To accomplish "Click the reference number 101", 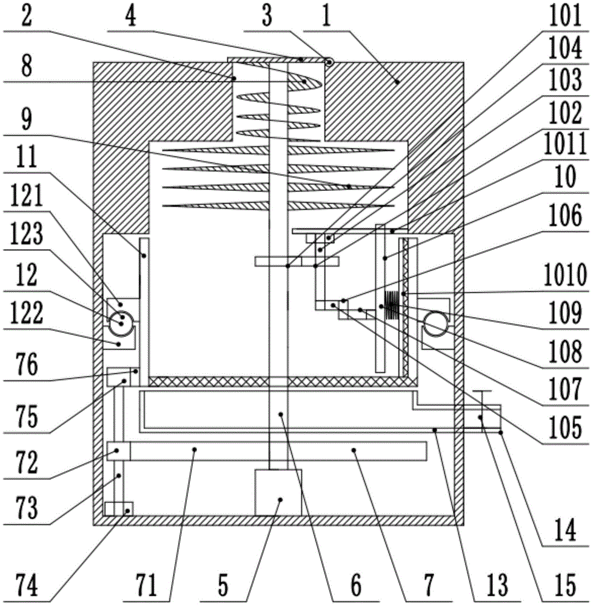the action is click(566, 16).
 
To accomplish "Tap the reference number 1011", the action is click(566, 144).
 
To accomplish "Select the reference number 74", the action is click(27, 585).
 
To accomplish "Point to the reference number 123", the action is click(26, 234).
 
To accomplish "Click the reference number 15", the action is click(566, 585).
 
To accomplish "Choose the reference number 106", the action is click(566, 215).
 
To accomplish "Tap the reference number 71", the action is click(146, 585).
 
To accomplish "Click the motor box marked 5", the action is click(278, 492).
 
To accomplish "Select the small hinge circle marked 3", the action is click(329, 62).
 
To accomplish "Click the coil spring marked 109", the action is click(391, 305).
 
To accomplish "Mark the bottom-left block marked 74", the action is click(119, 508).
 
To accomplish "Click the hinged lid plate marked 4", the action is click(276, 60).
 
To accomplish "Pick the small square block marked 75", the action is click(119, 377).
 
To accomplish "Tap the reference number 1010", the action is click(566, 275).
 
